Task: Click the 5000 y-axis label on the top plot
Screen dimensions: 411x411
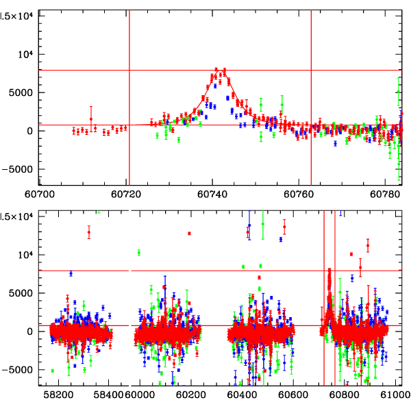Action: pos(24,93)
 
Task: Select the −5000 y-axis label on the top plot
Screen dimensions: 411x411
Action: pos(21,170)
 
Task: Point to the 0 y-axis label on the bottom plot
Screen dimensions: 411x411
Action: pos(32,332)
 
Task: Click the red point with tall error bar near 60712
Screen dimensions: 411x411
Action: pos(91,119)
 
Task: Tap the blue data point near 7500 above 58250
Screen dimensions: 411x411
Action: pos(71,273)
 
